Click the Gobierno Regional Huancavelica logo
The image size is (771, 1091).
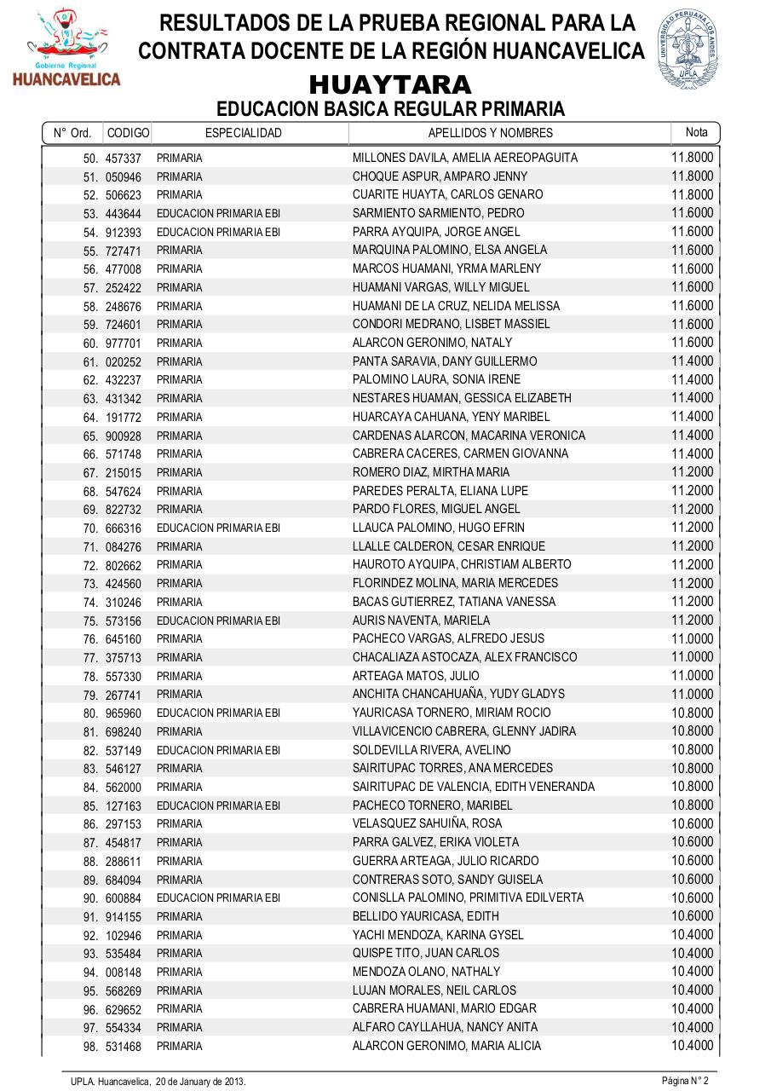[x=66, y=49]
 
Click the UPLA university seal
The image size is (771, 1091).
[x=687, y=48]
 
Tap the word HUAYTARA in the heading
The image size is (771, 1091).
[x=390, y=85]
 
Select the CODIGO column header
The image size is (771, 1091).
[x=128, y=133]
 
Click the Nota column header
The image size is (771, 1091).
[x=696, y=132]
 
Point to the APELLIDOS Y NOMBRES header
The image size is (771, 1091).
[x=490, y=133]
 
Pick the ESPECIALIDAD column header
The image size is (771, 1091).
[x=244, y=133]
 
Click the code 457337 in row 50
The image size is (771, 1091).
[x=124, y=159]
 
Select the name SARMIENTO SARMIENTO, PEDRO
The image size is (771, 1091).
[x=439, y=213]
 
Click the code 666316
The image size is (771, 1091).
[x=124, y=528]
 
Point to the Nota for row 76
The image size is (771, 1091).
[x=692, y=638]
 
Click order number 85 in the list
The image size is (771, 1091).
[x=90, y=805]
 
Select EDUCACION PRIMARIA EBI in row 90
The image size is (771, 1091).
[x=218, y=898]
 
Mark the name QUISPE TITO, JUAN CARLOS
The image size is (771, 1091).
[x=426, y=953]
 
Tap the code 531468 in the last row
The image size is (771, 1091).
[x=124, y=1047]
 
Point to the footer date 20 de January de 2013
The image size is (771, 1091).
[x=200, y=1082]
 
